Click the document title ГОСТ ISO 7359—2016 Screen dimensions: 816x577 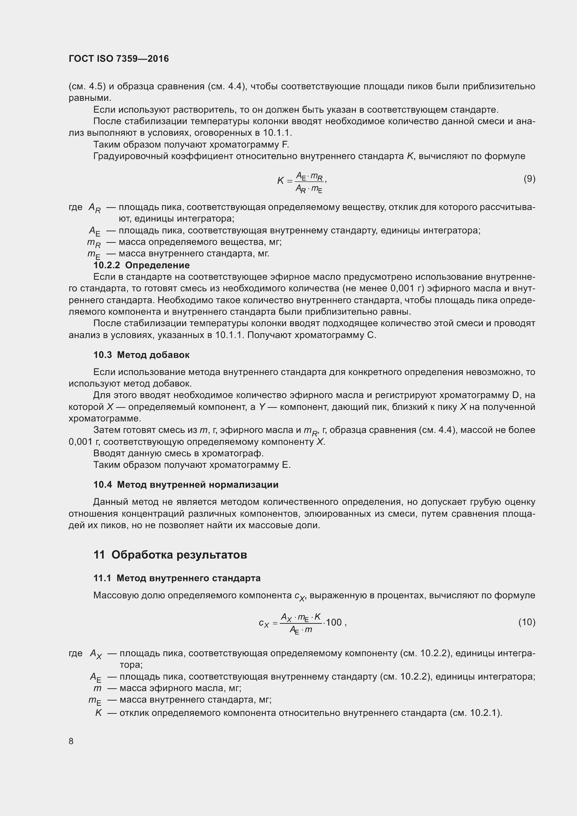(x=119, y=59)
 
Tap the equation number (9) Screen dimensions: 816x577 (x=529, y=179)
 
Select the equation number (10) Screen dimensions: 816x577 (x=526, y=622)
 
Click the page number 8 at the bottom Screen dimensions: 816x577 (x=71, y=741)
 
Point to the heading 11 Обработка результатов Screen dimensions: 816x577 (x=170, y=555)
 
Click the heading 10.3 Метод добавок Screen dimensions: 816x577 (x=141, y=355)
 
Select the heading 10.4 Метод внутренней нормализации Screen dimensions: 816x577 (x=186, y=485)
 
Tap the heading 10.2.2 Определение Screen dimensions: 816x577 (x=141, y=265)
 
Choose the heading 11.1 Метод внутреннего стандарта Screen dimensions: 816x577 (x=177, y=578)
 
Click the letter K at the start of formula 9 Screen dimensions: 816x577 (x=280, y=181)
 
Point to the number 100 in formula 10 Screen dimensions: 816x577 (x=334, y=622)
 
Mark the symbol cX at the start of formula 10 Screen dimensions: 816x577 (x=264, y=623)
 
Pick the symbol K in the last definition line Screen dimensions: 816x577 (x=98, y=713)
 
